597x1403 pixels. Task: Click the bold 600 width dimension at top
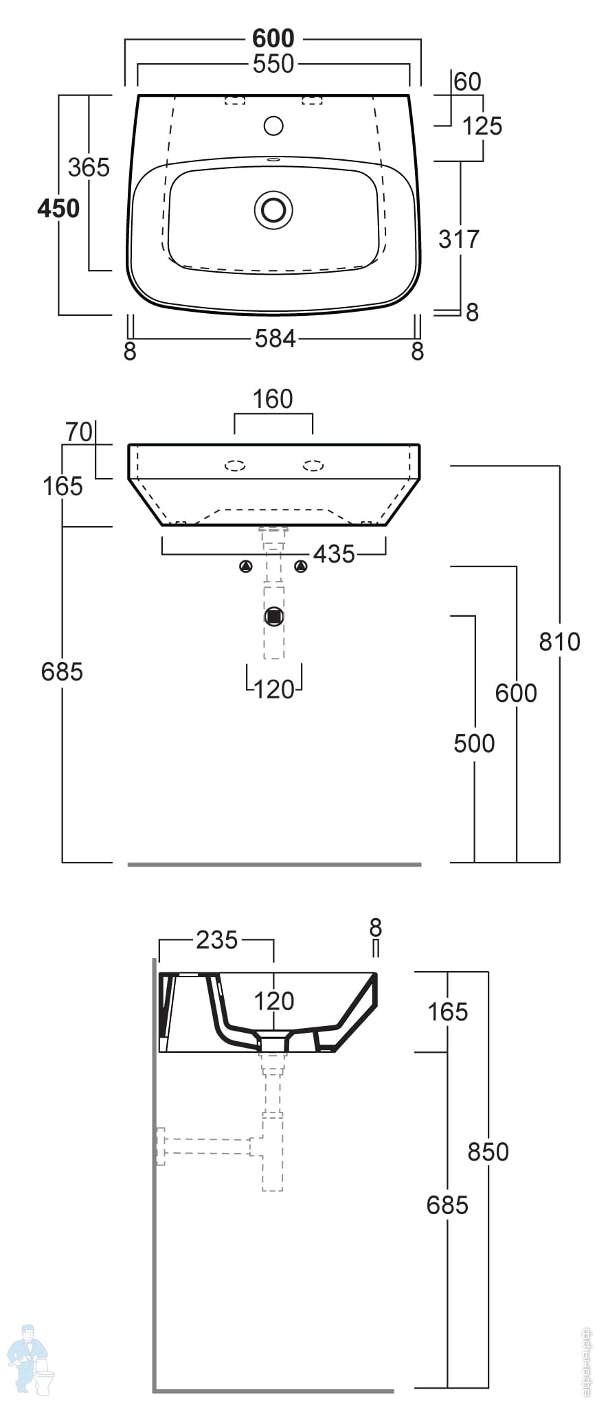coord(273,38)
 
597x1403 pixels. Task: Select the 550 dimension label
coord(273,64)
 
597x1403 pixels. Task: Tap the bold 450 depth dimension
coord(58,208)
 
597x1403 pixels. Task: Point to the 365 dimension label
coord(89,167)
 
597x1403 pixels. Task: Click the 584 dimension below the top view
coord(275,339)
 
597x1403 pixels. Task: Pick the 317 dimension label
coord(458,239)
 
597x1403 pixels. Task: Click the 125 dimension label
coord(482,126)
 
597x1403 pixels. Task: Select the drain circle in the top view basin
coord(273,209)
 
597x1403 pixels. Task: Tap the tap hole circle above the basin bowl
coord(273,126)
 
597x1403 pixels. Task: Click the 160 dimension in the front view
coord(273,399)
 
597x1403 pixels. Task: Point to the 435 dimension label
coord(334,554)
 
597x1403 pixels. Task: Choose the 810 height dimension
coord(559,641)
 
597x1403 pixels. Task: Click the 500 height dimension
coord(474,743)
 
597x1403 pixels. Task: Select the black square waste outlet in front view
coord(274,616)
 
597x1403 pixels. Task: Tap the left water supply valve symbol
coord(246,567)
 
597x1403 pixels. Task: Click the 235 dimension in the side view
coord(216,939)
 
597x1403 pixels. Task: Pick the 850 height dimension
coord(488,1152)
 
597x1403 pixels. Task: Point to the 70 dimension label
coord(78,432)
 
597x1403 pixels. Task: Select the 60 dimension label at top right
coord(467,82)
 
